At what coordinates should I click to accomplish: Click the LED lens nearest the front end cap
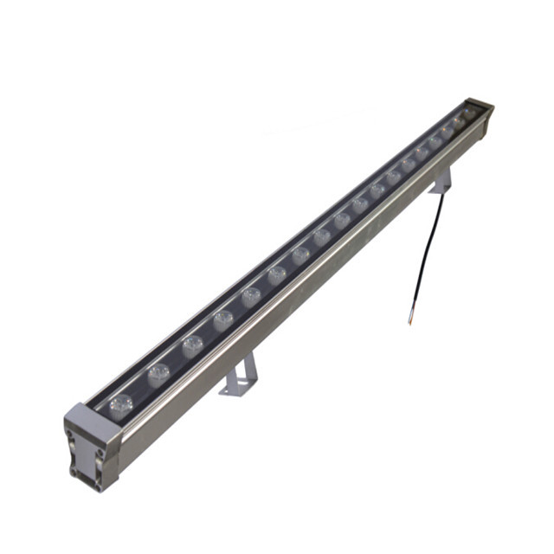121,402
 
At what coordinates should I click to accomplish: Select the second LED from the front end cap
158,374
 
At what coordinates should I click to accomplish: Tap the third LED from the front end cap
192,347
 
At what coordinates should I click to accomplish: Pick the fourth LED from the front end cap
222,320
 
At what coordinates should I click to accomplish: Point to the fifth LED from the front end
251,297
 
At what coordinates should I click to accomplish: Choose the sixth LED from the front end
277,275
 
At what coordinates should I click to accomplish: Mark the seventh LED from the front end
301,254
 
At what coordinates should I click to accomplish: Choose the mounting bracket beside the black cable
442,181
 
